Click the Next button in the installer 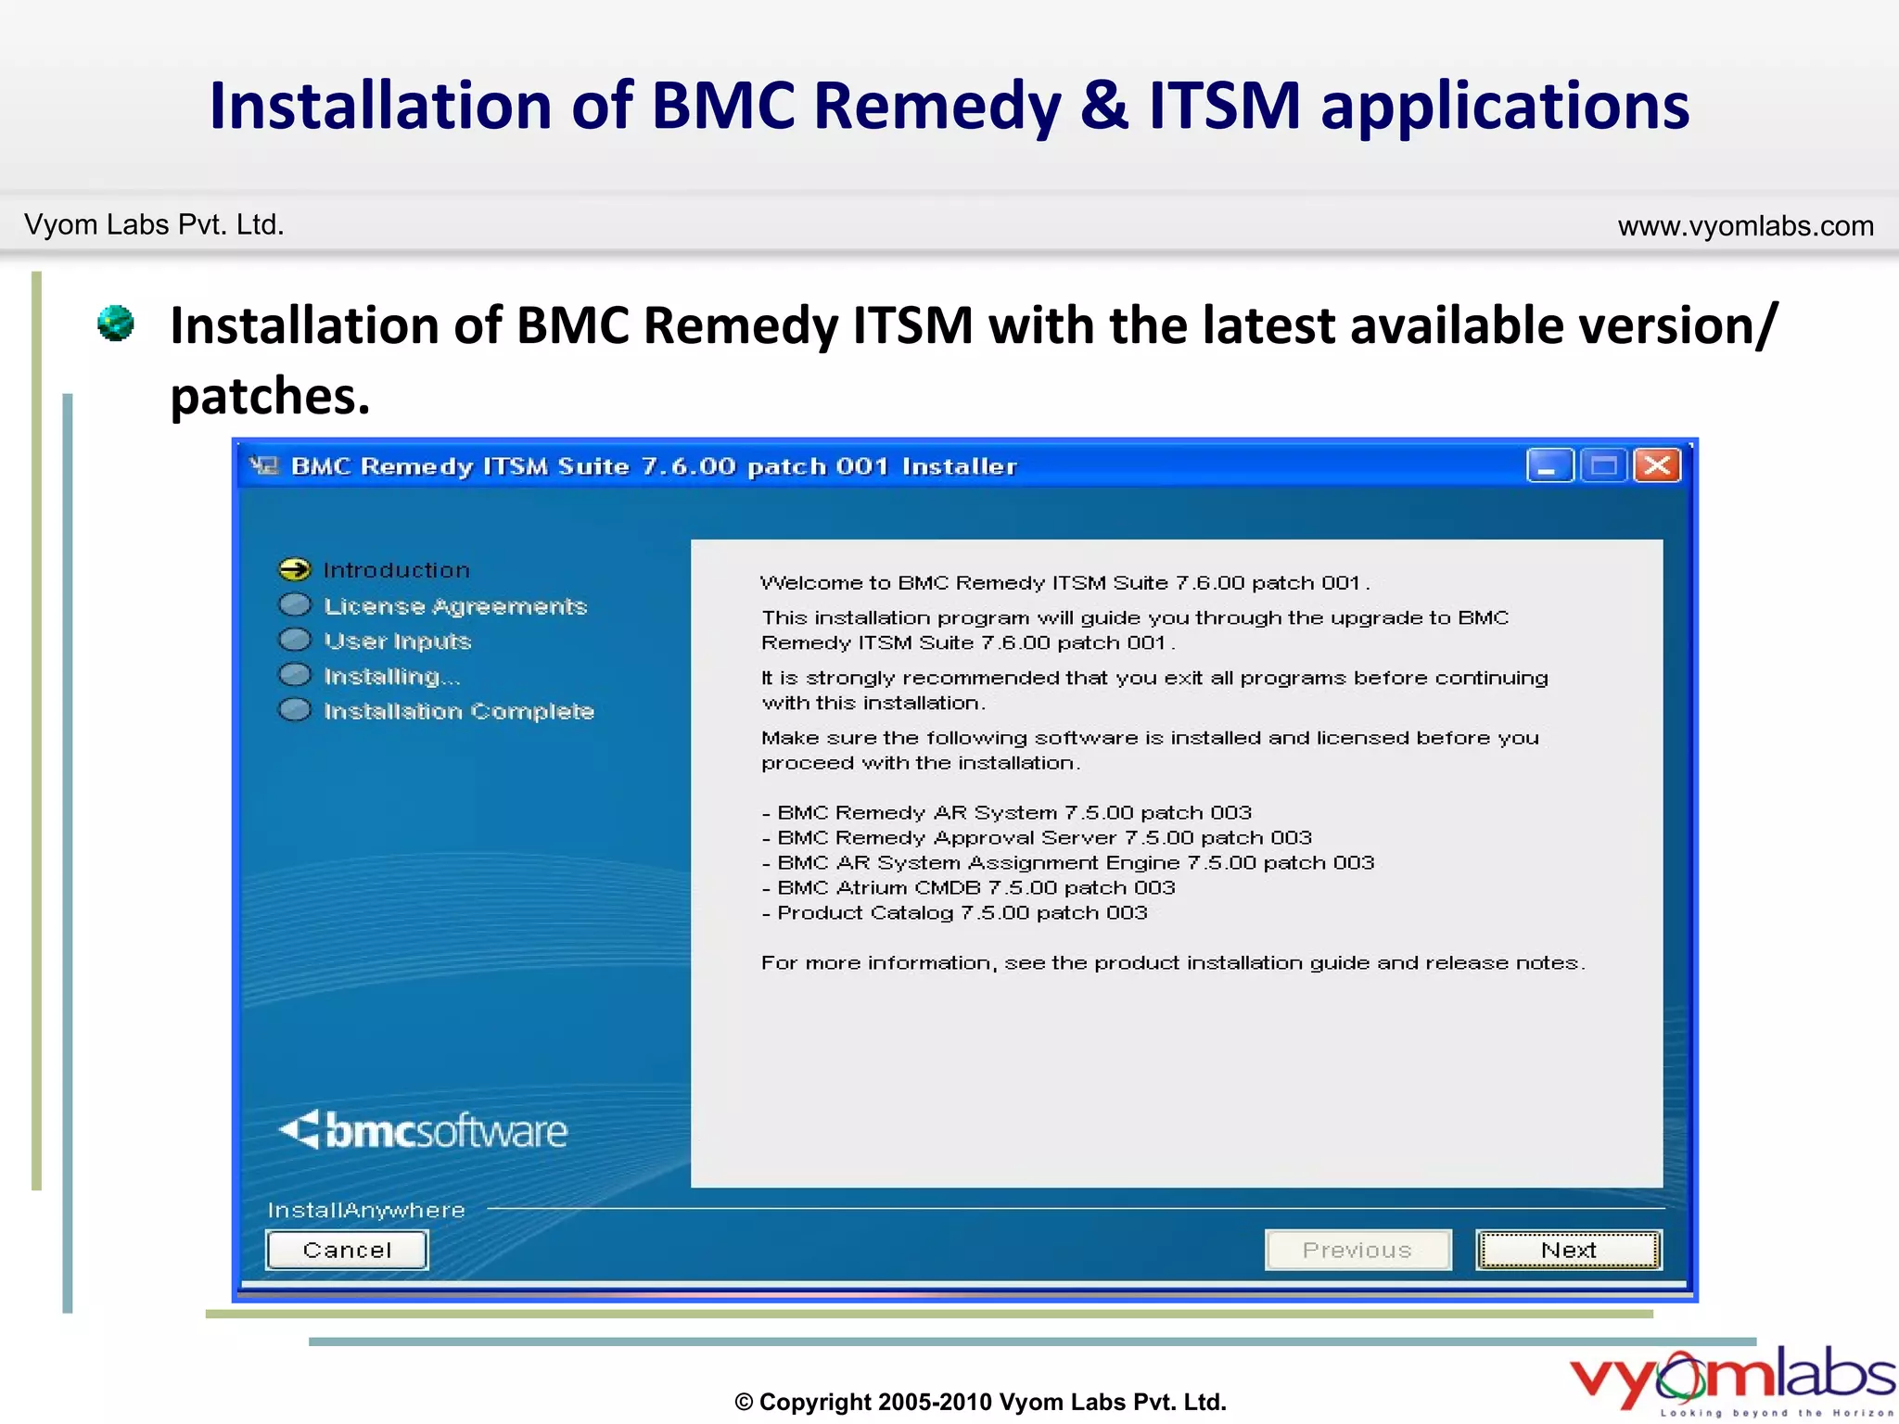[x=1568, y=1250]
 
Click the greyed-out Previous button [x=1357, y=1250]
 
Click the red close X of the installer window [x=1657, y=465]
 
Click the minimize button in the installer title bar [x=1549, y=465]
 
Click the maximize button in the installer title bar [x=1603, y=465]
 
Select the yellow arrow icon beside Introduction [x=295, y=569]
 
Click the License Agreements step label [x=455, y=606]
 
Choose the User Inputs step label [x=398, y=642]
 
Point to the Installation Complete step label [x=459, y=711]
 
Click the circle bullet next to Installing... [x=295, y=675]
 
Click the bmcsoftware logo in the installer [x=424, y=1131]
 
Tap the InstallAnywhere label [x=366, y=1210]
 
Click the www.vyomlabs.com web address [x=1745, y=226]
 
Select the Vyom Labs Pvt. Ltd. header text [x=154, y=225]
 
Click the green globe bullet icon [x=116, y=324]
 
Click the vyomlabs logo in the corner [x=1730, y=1379]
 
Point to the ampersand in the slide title [x=1103, y=106]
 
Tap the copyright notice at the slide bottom [x=980, y=1402]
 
